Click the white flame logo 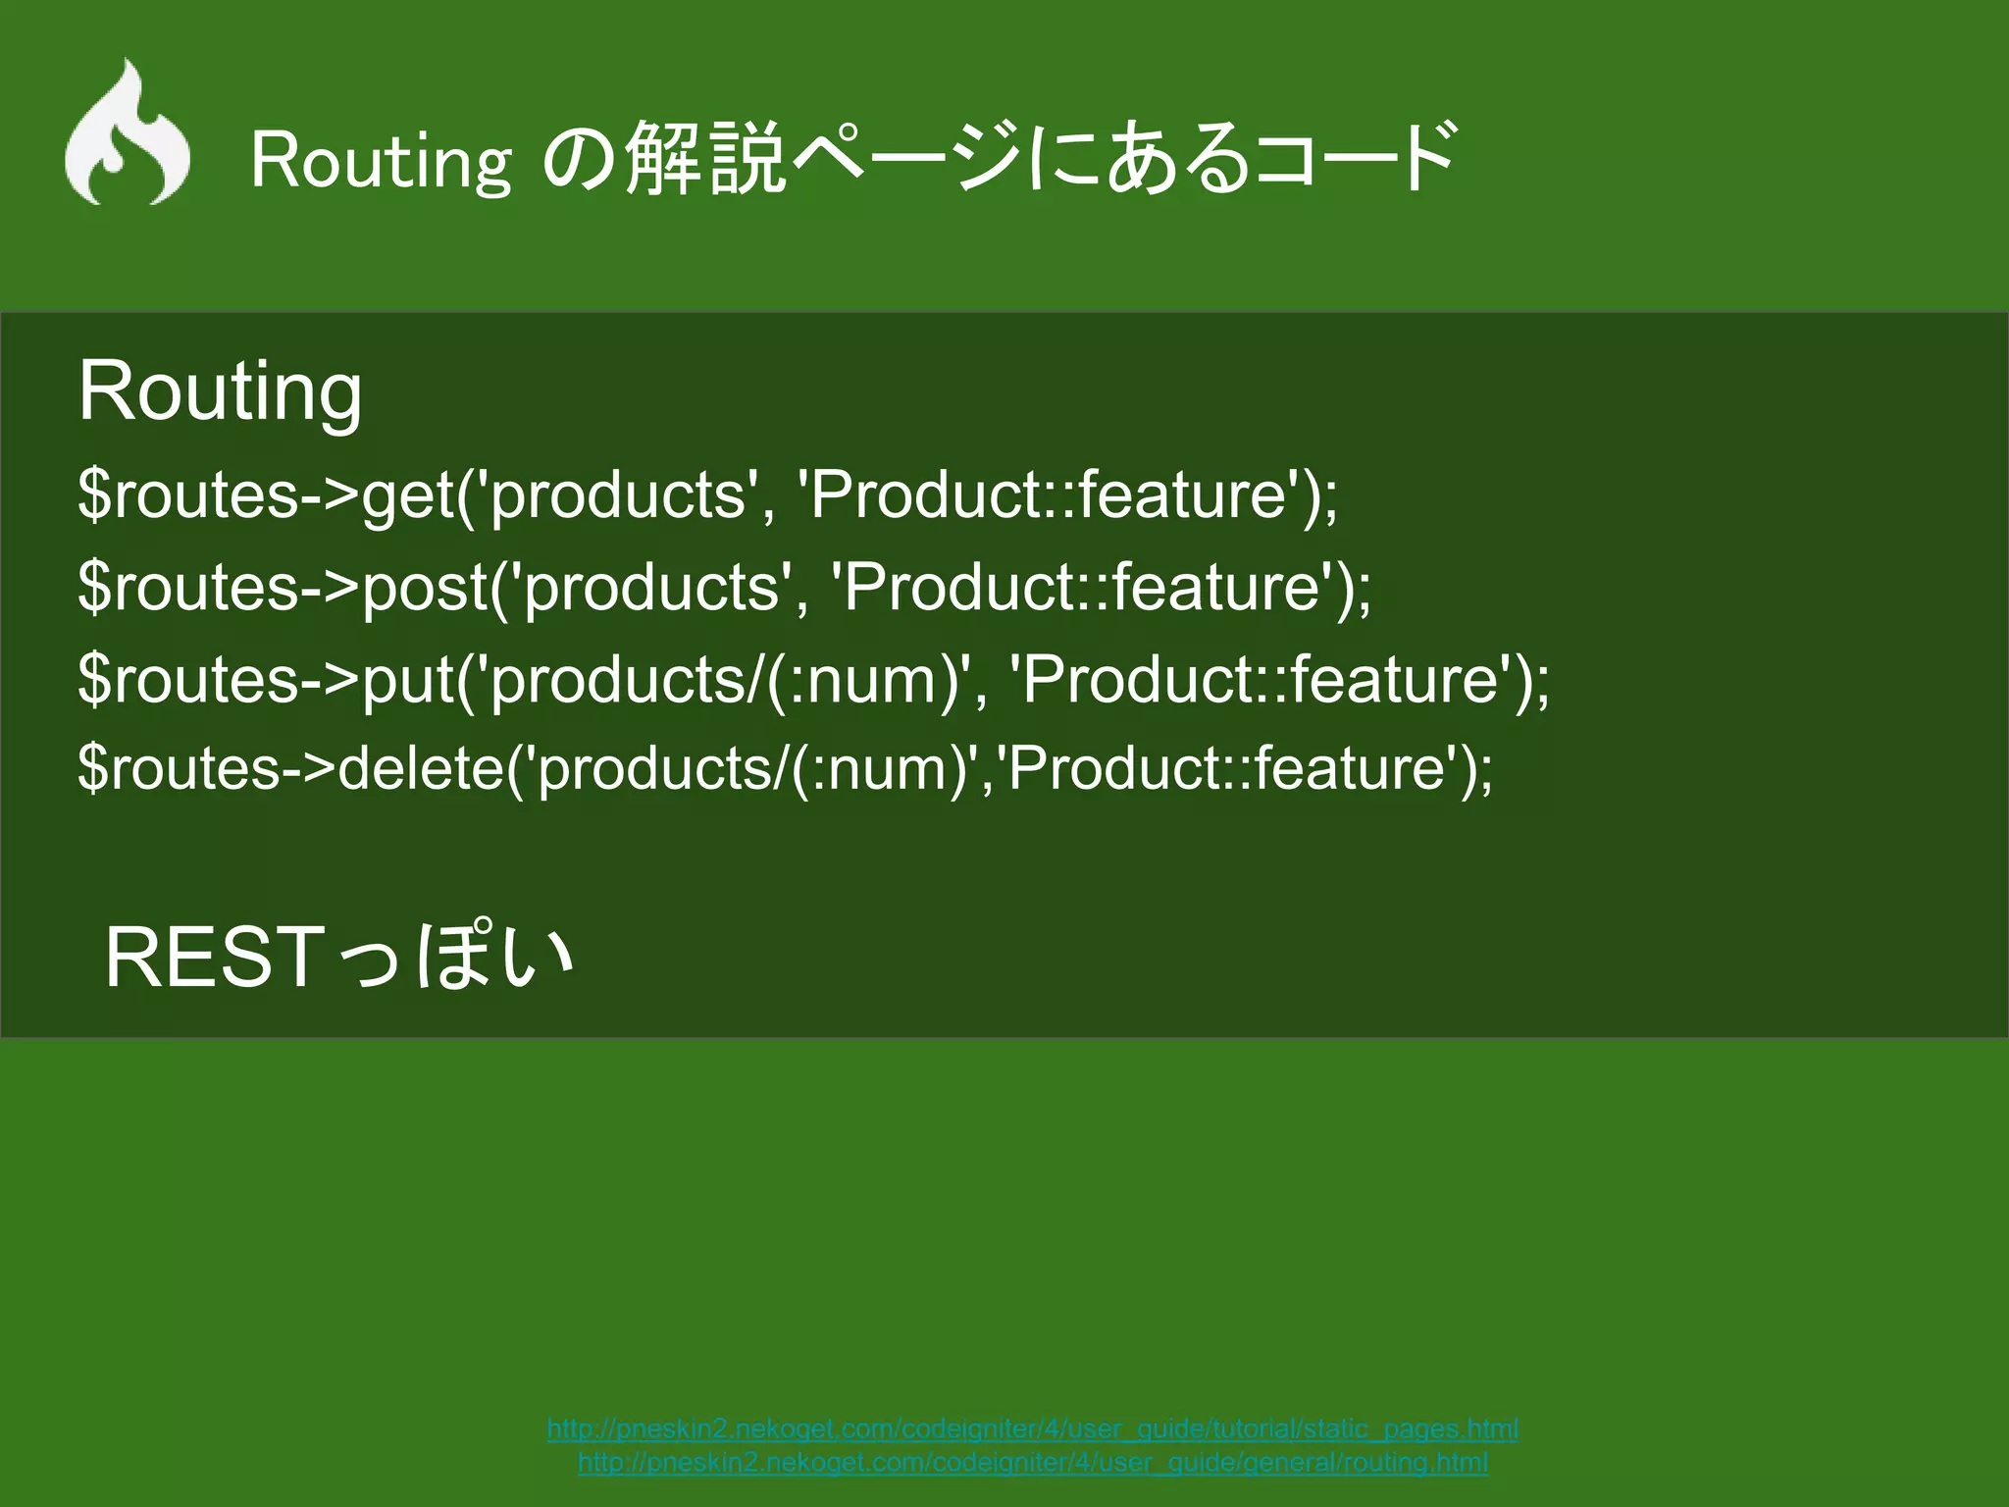click(128, 135)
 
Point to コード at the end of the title click(1354, 157)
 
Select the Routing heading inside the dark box click(220, 390)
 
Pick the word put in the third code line click(408, 680)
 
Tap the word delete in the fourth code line click(421, 767)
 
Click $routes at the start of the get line click(187, 494)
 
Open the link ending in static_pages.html click(1032, 1429)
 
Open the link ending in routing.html click(1032, 1463)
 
